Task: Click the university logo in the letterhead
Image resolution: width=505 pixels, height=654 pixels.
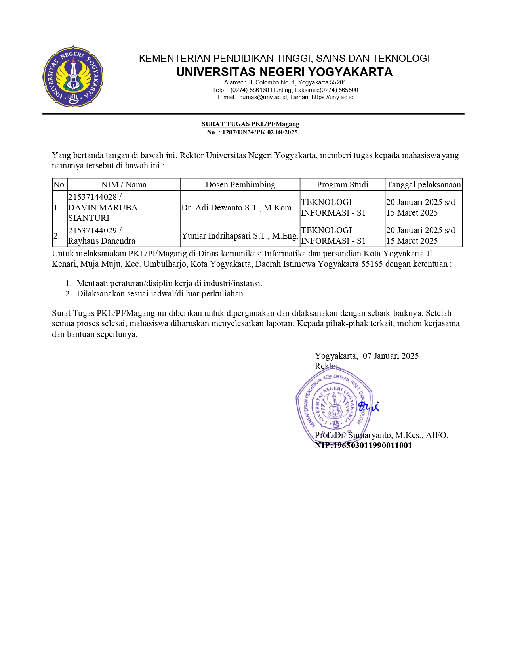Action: [x=73, y=76]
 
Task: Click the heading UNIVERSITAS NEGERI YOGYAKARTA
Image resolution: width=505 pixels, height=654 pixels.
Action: [x=284, y=72]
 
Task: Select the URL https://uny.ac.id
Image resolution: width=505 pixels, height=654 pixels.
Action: [x=332, y=97]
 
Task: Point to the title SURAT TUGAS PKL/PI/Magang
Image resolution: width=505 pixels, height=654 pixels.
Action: [x=250, y=124]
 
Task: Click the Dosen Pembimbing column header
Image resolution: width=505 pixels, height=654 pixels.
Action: [x=240, y=185]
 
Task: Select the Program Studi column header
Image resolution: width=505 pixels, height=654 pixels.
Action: [x=342, y=185]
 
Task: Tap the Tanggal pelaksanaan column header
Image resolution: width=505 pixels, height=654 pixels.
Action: [x=424, y=185]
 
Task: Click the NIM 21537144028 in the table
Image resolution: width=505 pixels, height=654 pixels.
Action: [x=92, y=197]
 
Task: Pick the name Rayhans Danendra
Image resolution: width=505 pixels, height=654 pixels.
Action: [x=101, y=241]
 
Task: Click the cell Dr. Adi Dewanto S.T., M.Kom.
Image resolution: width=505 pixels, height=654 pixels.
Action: [x=238, y=208]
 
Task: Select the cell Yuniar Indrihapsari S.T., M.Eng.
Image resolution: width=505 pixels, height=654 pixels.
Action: [x=240, y=236]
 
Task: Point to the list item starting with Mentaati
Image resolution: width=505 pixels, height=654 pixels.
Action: [x=169, y=283]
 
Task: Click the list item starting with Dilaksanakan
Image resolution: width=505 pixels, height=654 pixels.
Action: [x=161, y=294]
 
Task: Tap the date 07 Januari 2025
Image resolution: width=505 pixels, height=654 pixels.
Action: [x=391, y=356]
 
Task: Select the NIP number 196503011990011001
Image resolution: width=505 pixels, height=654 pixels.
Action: [x=373, y=446]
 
